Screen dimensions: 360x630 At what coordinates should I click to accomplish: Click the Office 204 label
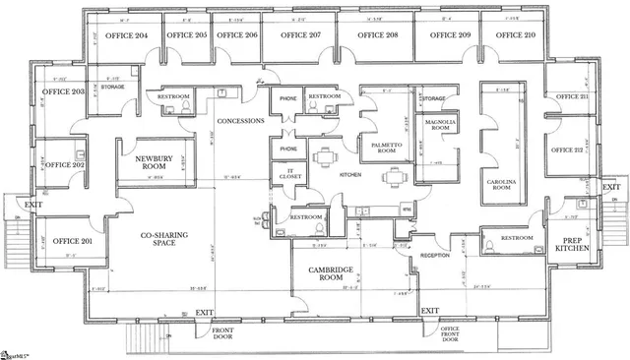click(x=127, y=34)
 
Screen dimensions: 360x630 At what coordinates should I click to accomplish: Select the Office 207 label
click(x=299, y=34)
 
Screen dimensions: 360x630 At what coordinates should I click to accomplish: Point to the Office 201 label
click(x=72, y=241)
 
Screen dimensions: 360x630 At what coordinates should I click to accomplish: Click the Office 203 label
click(x=63, y=92)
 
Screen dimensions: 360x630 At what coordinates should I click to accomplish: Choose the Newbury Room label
click(x=148, y=162)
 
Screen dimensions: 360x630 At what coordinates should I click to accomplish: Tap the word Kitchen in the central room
click(x=351, y=174)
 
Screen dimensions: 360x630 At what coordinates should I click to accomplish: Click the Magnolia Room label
click(x=438, y=125)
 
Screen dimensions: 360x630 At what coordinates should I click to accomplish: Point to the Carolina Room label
click(x=503, y=187)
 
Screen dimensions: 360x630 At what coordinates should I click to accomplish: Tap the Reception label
click(x=436, y=255)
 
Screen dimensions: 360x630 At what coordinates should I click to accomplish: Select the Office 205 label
click(x=186, y=34)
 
